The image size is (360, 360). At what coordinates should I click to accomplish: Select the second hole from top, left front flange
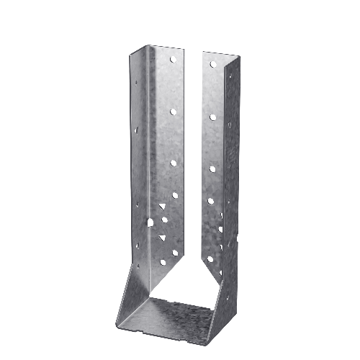point(174,112)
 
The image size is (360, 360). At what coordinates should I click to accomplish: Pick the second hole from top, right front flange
point(212,116)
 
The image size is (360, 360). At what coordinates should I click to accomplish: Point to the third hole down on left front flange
point(174,163)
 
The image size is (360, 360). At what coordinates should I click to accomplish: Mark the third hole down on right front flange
point(212,168)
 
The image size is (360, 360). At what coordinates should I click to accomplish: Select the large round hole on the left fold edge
point(150,223)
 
